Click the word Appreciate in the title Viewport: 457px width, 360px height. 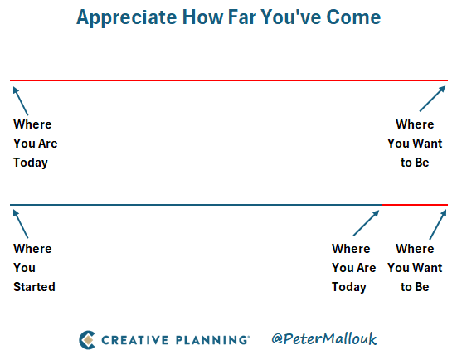[127, 18]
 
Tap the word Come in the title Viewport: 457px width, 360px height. [353, 17]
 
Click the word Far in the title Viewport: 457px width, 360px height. [242, 17]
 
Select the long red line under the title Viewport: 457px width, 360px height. [229, 80]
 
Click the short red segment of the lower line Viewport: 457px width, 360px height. [415, 205]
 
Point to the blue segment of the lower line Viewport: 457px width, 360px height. [196, 205]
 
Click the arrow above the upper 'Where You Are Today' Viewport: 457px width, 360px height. [21, 101]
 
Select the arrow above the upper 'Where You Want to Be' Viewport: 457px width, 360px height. [432, 99]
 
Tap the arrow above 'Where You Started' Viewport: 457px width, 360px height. [21, 224]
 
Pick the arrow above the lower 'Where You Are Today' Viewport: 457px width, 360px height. [366, 223]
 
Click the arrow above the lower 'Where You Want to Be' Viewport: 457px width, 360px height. [438, 225]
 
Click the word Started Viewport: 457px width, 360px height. [34, 287]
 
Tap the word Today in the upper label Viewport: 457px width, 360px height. [31, 163]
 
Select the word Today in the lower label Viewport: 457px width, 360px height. [349, 287]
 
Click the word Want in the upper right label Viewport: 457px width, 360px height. [428, 144]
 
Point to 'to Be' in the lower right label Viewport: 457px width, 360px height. [415, 287]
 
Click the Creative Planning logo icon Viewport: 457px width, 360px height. [87, 340]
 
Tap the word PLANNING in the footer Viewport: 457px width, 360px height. [211, 340]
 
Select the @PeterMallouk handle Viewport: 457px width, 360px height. [324, 338]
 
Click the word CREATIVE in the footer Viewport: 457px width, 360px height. [134, 340]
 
